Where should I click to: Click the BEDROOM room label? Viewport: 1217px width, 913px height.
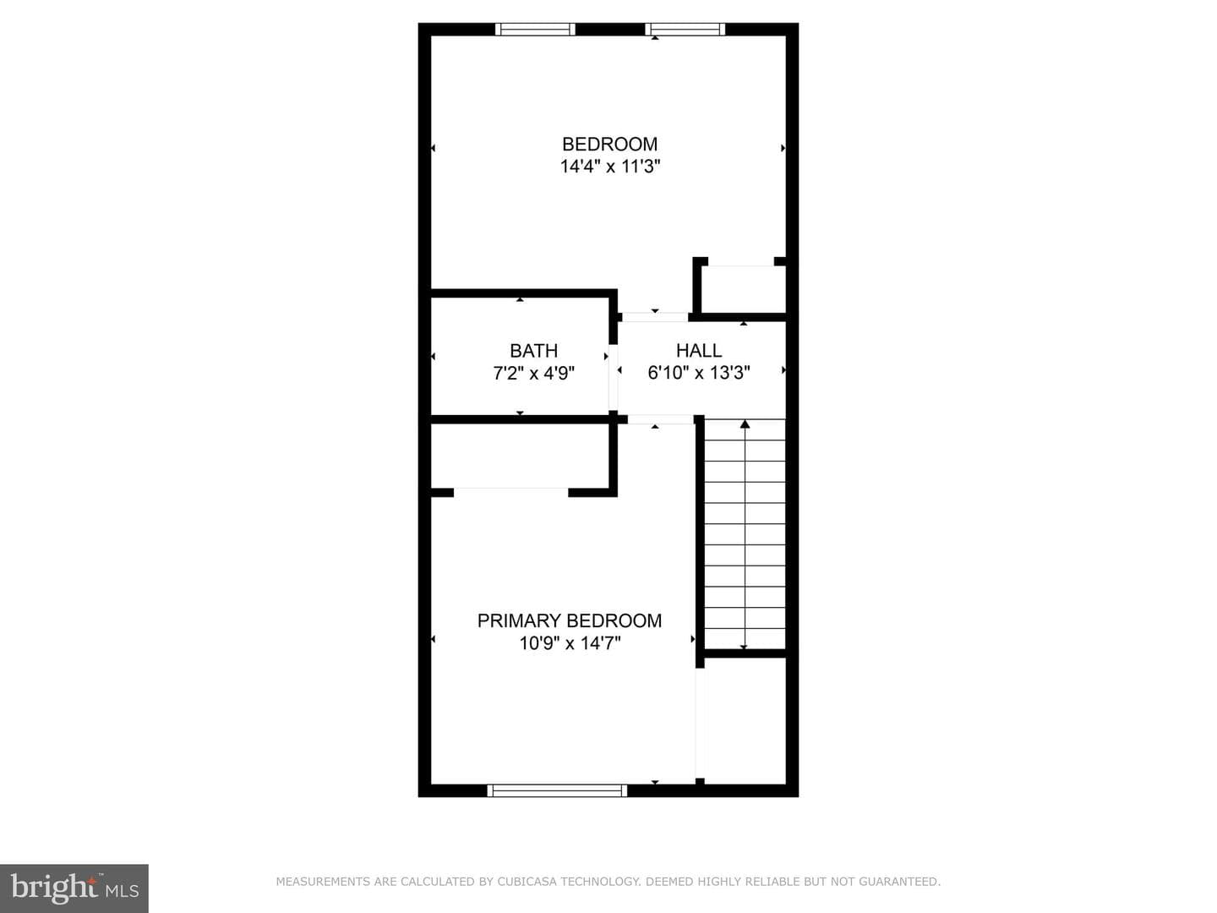(609, 144)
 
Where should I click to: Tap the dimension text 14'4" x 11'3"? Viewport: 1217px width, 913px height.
(610, 167)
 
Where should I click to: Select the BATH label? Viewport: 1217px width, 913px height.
(533, 351)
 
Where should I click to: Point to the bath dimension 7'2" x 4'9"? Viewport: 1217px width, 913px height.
(533, 373)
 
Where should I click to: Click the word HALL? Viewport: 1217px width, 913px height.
(699, 350)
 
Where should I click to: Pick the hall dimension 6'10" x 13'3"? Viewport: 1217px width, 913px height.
(699, 373)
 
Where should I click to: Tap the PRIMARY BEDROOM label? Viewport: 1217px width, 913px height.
(570, 621)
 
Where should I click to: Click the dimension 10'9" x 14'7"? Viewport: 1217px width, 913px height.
(570, 643)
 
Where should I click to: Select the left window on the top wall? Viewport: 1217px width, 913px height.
(535, 30)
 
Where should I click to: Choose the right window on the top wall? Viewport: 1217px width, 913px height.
(685, 30)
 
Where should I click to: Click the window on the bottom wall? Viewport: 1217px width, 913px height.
(557, 790)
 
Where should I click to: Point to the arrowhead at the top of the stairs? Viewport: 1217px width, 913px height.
(745, 424)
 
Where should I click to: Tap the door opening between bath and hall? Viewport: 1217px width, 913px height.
(614, 377)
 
